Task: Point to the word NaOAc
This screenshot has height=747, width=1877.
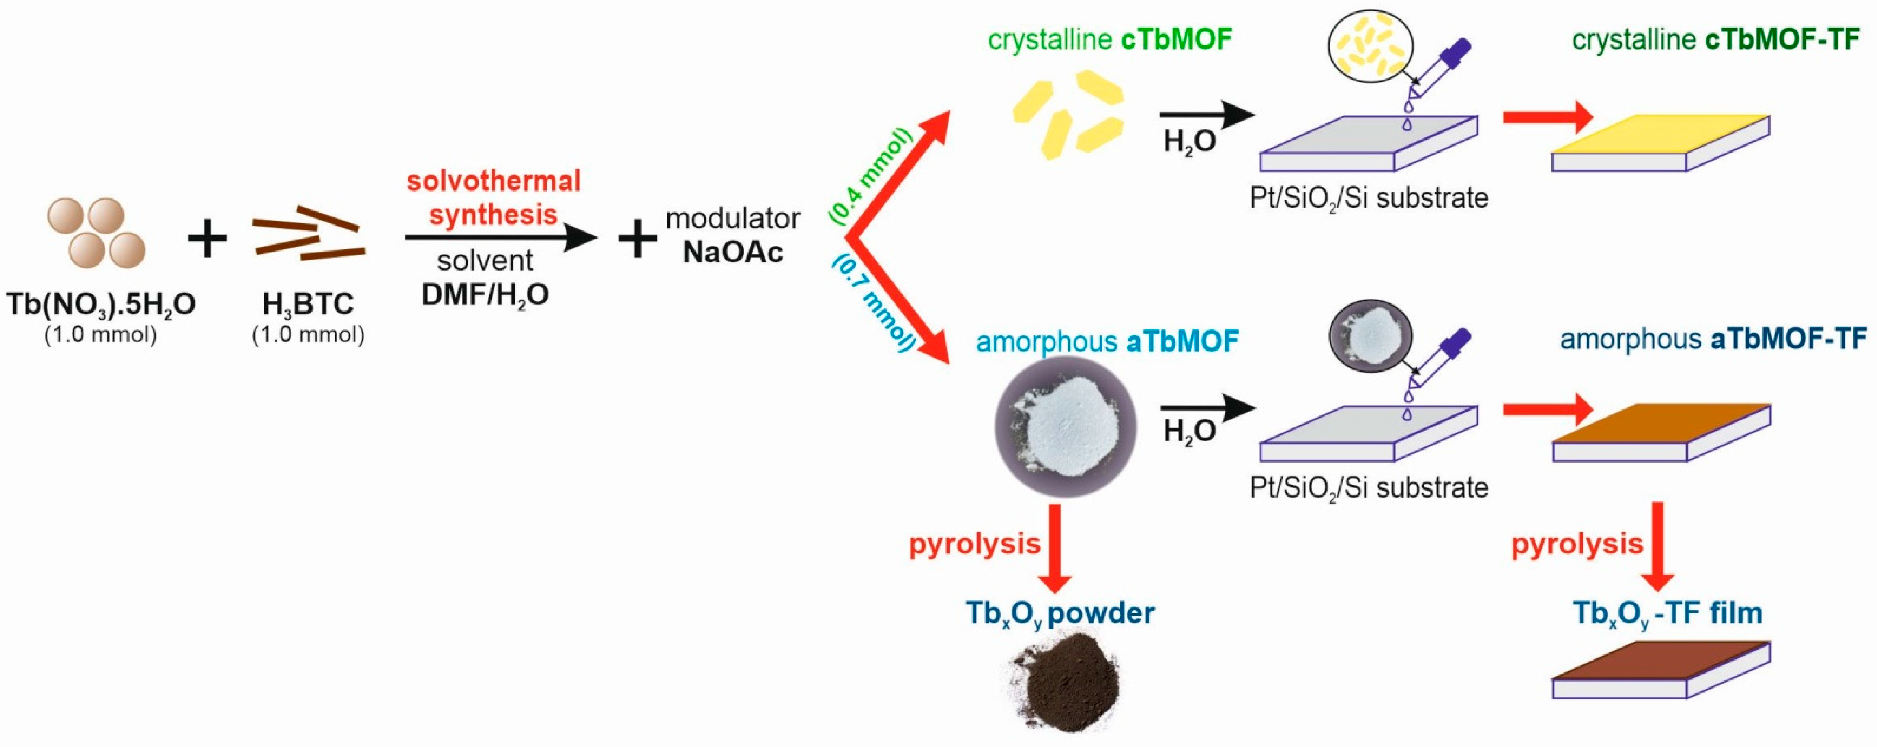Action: pyautogui.click(x=732, y=252)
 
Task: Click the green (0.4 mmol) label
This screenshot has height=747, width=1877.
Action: pyautogui.click(x=870, y=175)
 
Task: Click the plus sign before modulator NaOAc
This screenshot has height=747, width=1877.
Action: pyautogui.click(x=637, y=239)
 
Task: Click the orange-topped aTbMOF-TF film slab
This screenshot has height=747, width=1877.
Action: pyautogui.click(x=1660, y=433)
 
